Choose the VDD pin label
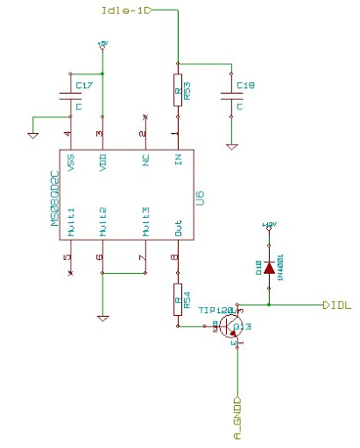point(103,163)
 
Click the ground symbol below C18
point(231,145)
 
